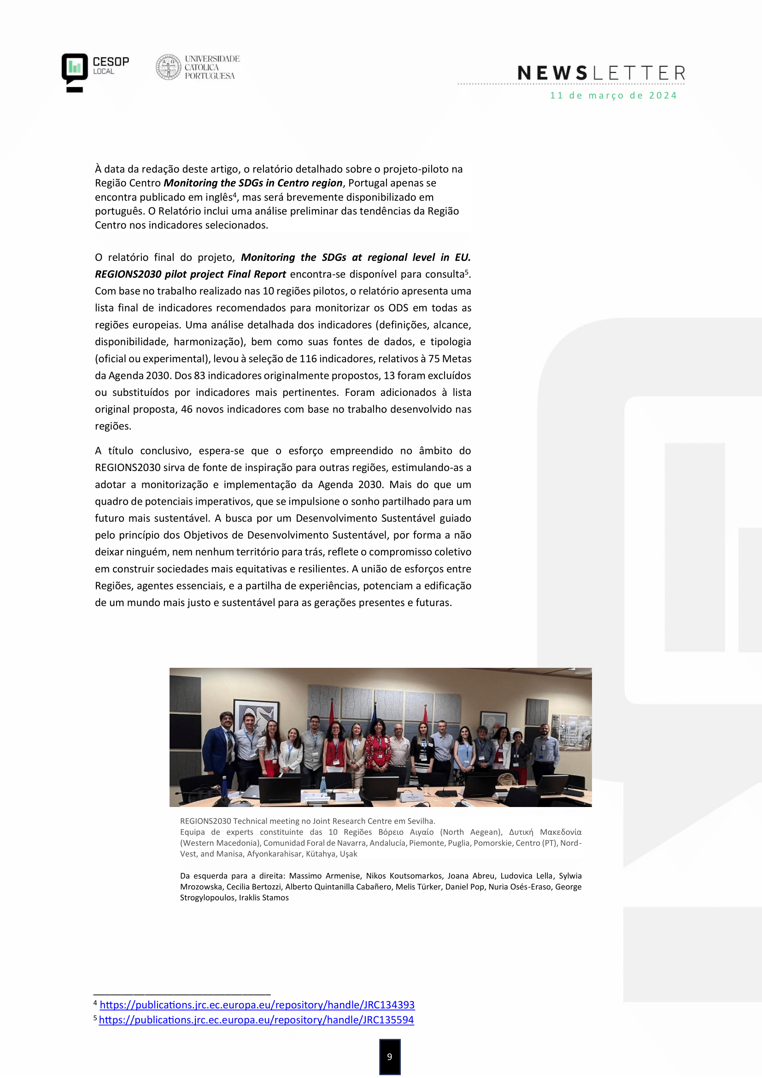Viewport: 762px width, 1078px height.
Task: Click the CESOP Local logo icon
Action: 75,72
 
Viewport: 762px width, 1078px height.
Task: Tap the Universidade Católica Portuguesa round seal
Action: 169,67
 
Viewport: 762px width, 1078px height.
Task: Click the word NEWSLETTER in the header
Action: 601,73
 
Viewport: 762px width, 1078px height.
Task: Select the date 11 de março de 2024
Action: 613,96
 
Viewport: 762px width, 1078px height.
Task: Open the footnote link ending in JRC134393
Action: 257,1005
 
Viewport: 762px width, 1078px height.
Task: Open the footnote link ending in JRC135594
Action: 256,1020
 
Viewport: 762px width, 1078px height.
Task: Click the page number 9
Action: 389,1056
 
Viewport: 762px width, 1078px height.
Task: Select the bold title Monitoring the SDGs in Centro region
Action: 253,183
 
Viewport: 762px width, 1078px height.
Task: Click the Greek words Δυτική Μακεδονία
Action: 545,832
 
